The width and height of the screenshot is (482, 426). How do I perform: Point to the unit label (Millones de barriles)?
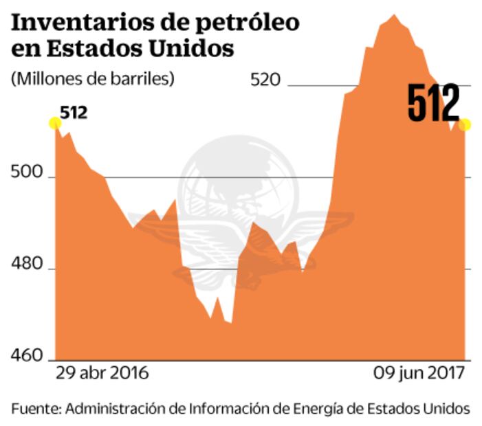point(92,78)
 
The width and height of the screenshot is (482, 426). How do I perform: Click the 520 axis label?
point(266,80)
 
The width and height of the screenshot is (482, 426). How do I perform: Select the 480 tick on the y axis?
point(25,268)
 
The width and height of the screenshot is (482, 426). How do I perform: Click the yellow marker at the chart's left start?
point(55,123)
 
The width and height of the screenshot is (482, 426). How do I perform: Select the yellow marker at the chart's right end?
point(465,124)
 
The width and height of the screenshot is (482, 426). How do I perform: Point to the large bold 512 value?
point(433,104)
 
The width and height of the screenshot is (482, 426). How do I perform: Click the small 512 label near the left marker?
point(74,112)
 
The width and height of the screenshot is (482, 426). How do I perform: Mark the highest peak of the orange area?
point(393,14)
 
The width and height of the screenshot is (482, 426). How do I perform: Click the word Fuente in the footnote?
point(34,408)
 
